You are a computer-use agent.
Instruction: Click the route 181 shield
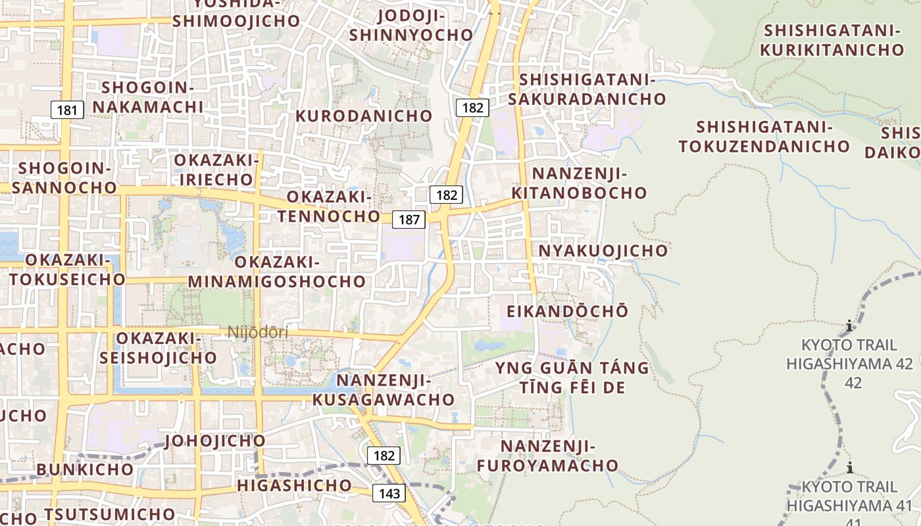tap(67, 110)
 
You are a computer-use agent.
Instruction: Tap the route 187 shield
tap(409, 219)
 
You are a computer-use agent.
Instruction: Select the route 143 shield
tap(389, 493)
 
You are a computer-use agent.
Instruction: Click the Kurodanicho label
tap(364, 116)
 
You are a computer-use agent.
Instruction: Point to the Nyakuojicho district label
tap(603, 251)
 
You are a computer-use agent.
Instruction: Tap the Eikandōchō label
tap(568, 311)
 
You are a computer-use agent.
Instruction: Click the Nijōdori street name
tap(258, 333)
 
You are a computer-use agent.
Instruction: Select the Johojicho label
tap(215, 441)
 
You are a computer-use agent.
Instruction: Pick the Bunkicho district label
tap(85, 469)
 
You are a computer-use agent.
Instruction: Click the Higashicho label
tap(294, 485)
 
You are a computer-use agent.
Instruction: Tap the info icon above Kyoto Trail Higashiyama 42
tap(849, 326)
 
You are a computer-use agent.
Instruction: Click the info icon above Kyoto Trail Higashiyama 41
tap(849, 468)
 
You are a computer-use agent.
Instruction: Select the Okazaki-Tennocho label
tap(329, 206)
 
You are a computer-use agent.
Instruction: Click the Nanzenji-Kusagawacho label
tap(383, 390)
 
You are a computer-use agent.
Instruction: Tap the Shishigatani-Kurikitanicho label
tap(832, 39)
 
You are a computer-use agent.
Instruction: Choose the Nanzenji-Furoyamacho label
tap(547, 456)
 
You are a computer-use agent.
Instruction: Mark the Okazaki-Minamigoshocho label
tap(276, 272)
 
